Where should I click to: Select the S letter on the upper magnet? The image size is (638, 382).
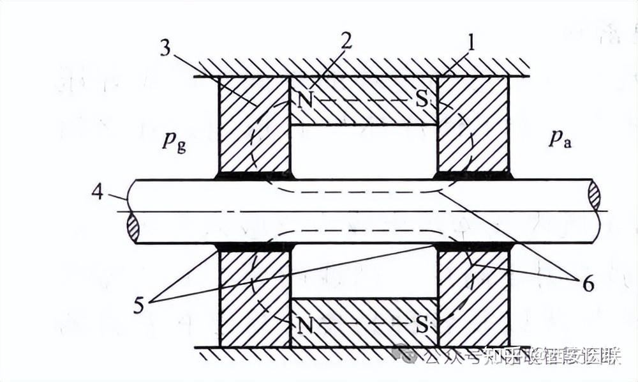(421, 100)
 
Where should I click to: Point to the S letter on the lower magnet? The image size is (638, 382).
(422, 324)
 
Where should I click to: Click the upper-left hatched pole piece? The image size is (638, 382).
(254, 125)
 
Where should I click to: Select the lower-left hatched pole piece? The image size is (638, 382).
(254, 297)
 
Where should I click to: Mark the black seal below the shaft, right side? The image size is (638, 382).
(473, 246)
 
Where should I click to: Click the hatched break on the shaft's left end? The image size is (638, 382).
(133, 228)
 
